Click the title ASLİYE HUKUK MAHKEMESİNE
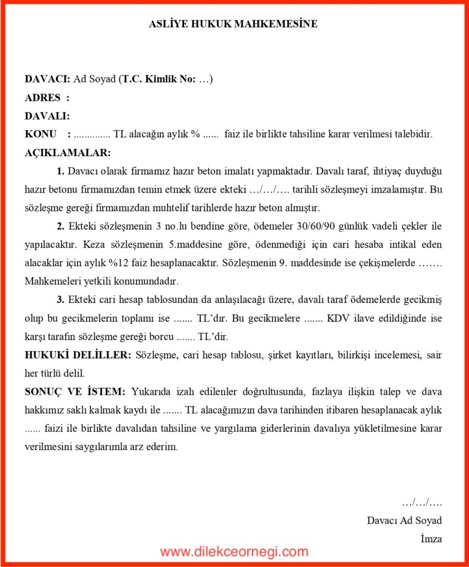pos(233,24)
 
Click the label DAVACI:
pos(48,79)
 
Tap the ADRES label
pos(43,98)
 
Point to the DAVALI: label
pos(47,116)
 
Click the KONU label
pos(40,135)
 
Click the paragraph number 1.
pos(60,171)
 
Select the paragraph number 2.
pos(60,226)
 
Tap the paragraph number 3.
pos(60,300)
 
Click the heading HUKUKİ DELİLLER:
pos(78,354)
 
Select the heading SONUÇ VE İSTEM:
pos(75,391)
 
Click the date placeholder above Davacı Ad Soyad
pos(421,503)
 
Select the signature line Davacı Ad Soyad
pos(404,520)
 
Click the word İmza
pos(431,538)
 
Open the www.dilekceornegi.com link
pos(234,551)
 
